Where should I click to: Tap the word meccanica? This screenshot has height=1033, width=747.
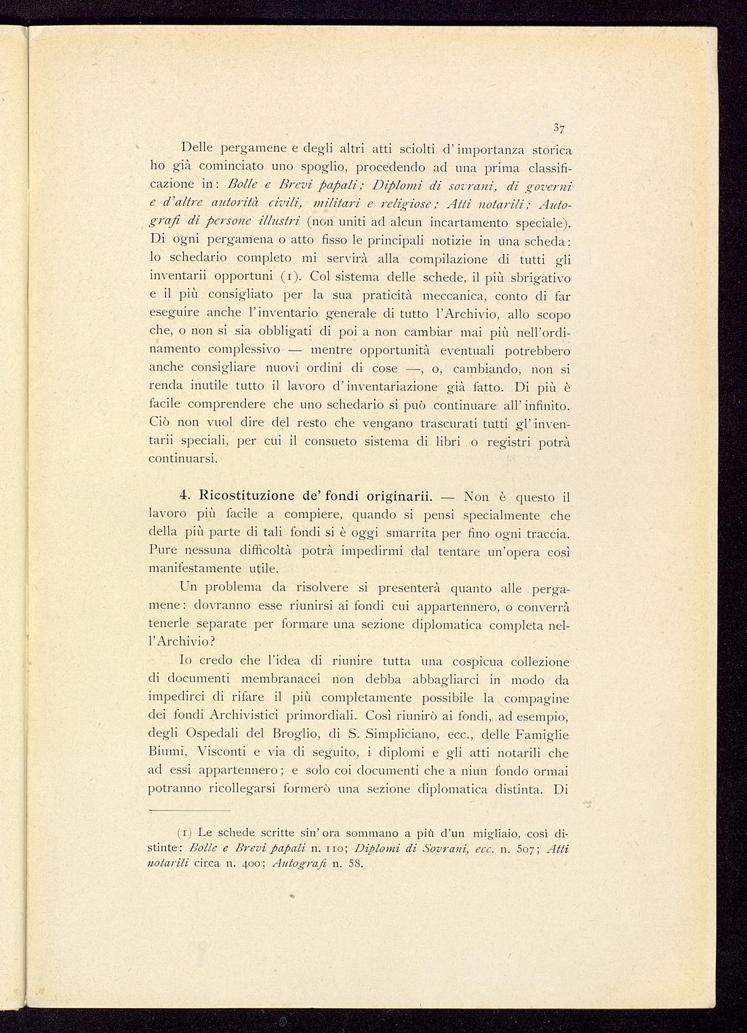tap(452, 296)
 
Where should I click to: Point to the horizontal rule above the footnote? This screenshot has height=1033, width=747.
tap(190, 811)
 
